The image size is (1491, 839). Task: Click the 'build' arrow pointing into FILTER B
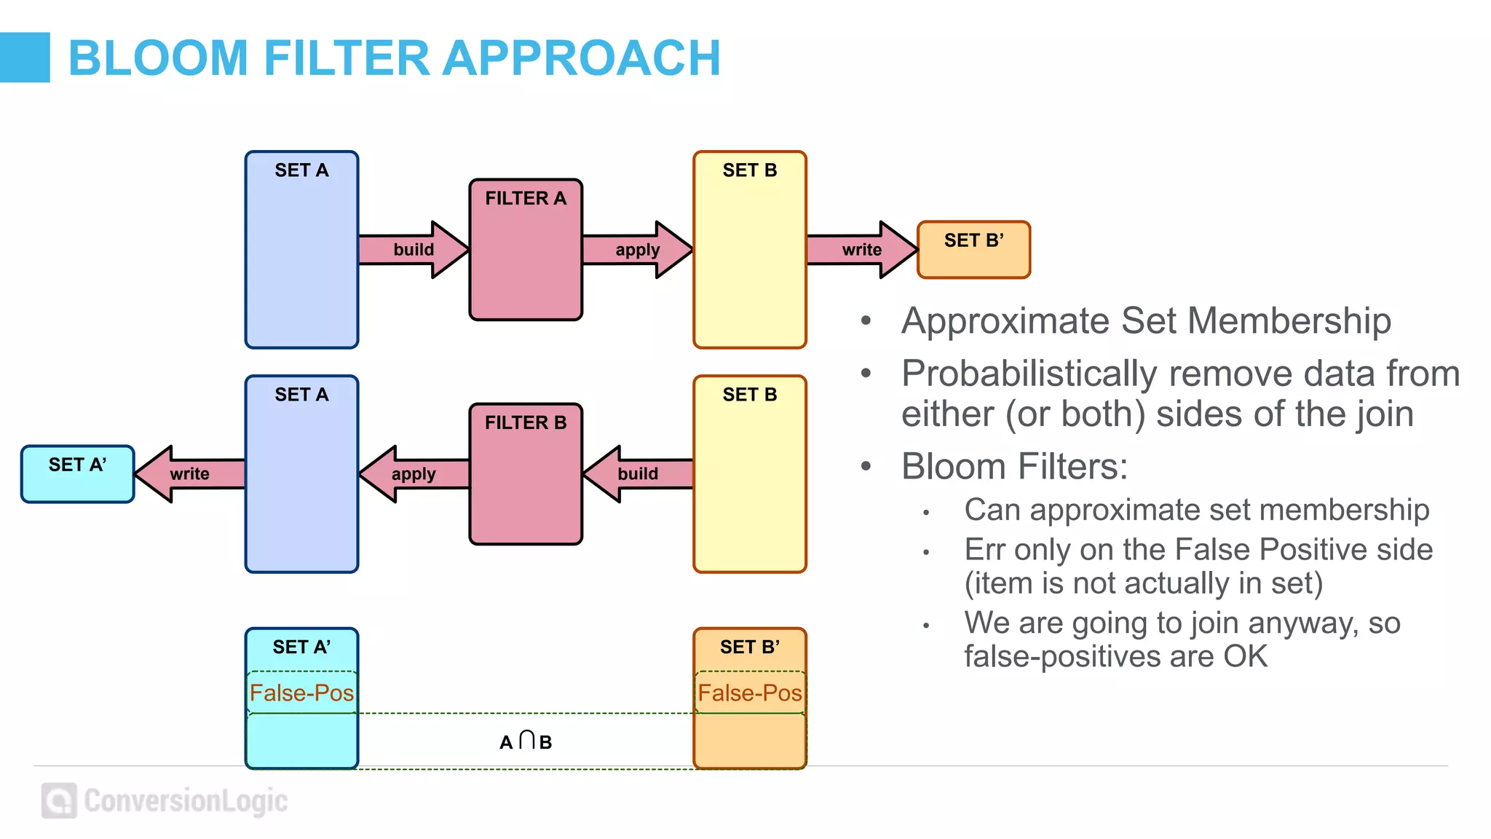point(638,474)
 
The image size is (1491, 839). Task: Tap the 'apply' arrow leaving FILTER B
point(414,474)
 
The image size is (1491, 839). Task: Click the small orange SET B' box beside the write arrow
point(973,250)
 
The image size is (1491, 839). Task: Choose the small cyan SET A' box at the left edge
point(77,474)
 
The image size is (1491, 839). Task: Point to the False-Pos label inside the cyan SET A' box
point(301,693)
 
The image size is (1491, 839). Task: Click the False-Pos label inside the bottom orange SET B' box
point(750,693)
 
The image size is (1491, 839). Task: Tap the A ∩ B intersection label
point(526,741)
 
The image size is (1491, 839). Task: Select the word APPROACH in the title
point(582,58)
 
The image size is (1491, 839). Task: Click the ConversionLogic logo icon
point(59,800)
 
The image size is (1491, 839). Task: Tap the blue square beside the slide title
point(25,57)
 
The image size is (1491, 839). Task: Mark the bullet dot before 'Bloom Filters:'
point(866,466)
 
